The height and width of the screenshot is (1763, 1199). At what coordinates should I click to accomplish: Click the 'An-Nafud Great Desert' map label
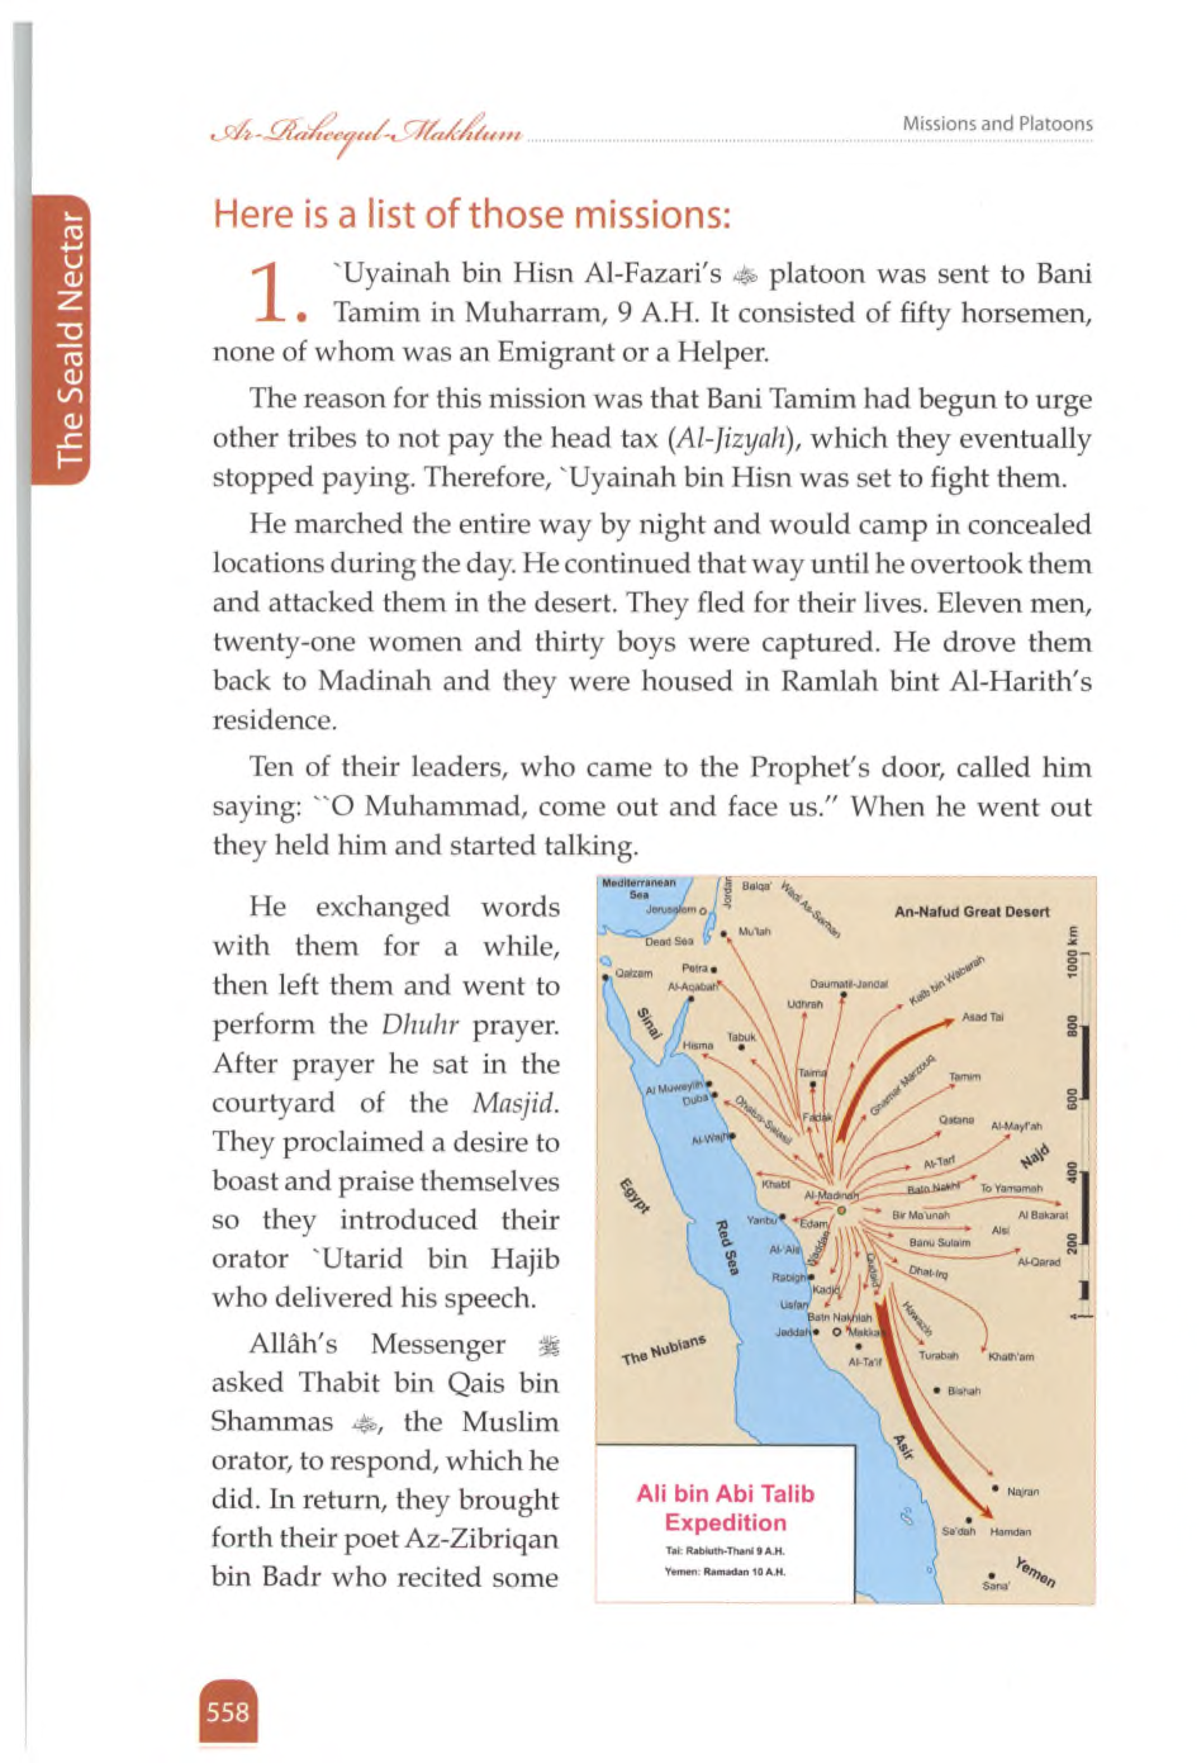pyautogui.click(x=972, y=912)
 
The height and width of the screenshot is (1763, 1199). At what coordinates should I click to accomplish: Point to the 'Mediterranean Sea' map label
pyautogui.click(x=638, y=888)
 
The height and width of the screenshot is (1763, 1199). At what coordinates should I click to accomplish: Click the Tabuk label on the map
pyautogui.click(x=741, y=1036)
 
